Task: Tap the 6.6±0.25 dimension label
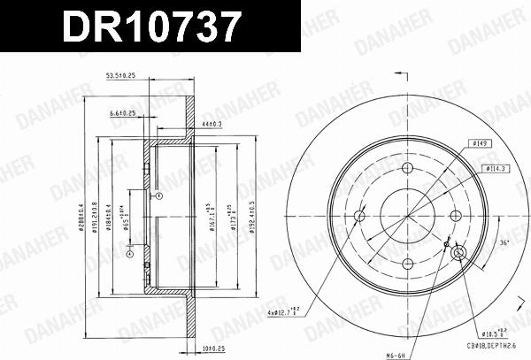click(x=123, y=113)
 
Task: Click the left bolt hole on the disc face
click(x=360, y=216)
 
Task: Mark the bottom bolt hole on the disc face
click(x=408, y=263)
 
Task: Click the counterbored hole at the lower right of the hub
click(x=459, y=255)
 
